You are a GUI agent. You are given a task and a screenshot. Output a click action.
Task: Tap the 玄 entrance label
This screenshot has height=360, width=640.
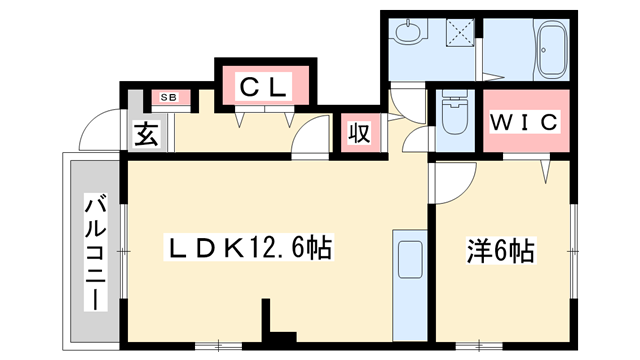[146, 134]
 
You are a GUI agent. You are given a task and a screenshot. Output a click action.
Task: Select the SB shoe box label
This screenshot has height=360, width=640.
[168, 97]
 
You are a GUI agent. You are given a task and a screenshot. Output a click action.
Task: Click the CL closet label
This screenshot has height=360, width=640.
[264, 86]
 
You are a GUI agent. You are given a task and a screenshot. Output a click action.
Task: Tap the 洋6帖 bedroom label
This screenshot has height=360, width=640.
[499, 250]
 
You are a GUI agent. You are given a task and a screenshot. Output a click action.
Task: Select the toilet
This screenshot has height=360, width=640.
[455, 118]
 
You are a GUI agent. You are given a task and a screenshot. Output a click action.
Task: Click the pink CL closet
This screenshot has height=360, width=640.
[264, 86]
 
